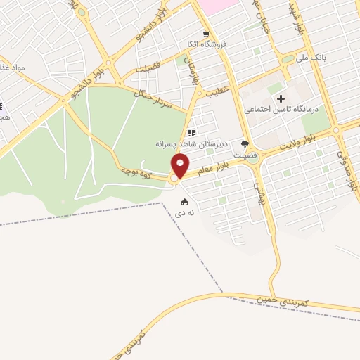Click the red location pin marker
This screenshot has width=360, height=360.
tap(181, 166)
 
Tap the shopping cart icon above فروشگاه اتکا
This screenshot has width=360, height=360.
tap(205, 34)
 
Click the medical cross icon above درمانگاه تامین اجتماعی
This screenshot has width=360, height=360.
tap(281, 99)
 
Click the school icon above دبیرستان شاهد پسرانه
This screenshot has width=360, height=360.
tap(191, 133)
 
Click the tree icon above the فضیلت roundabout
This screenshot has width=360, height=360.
tap(245, 143)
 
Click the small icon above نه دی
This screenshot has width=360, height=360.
tap(184, 202)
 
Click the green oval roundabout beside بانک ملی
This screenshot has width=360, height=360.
tap(288, 59)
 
